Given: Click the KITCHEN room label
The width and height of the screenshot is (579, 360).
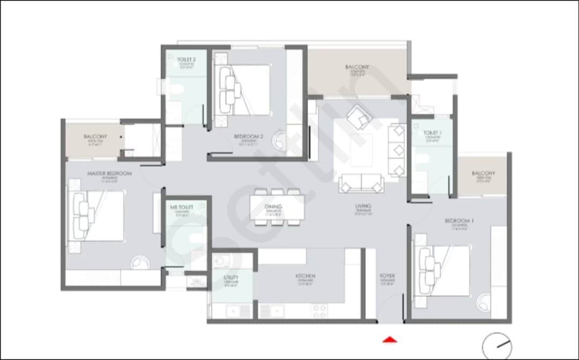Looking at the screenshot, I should (x=305, y=276).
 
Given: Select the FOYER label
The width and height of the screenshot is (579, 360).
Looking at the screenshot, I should (x=387, y=276).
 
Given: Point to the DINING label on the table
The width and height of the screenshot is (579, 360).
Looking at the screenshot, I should (x=277, y=206).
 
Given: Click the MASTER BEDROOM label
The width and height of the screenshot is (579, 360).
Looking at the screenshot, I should (x=109, y=173).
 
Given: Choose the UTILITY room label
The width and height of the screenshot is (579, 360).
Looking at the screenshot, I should (x=231, y=277).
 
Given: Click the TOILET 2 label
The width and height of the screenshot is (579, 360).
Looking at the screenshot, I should (x=186, y=59).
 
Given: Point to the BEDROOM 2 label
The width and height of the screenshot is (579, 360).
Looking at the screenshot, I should (x=248, y=137).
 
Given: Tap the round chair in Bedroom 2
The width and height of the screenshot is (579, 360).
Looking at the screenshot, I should (x=280, y=140).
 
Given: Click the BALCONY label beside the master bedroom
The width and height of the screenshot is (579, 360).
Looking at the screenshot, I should (x=95, y=137).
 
